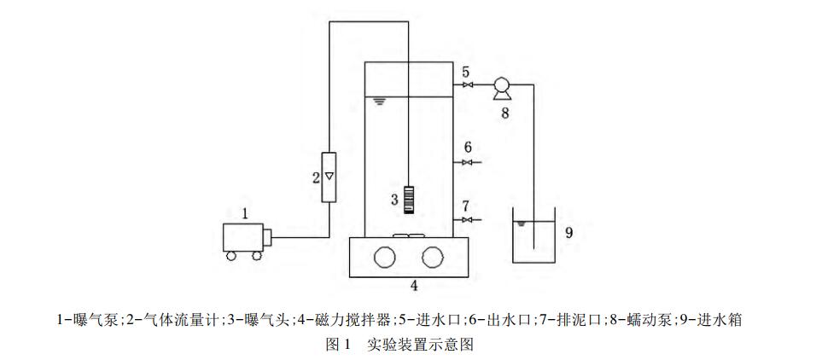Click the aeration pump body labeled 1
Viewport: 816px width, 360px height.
click(242, 236)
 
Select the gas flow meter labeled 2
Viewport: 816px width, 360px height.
click(329, 177)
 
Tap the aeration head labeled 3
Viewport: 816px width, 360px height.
click(408, 200)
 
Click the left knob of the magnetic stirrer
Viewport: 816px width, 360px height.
click(384, 257)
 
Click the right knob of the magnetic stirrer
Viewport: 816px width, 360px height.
click(433, 257)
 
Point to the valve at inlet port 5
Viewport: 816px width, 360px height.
click(465, 84)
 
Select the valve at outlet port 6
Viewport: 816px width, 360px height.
click(465, 162)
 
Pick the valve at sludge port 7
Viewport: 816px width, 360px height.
click(465, 220)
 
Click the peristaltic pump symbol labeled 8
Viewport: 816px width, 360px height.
click(501, 87)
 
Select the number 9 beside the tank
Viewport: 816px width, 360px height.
click(569, 229)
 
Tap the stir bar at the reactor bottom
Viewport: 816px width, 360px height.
click(408, 235)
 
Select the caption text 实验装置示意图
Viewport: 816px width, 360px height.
click(419, 345)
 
